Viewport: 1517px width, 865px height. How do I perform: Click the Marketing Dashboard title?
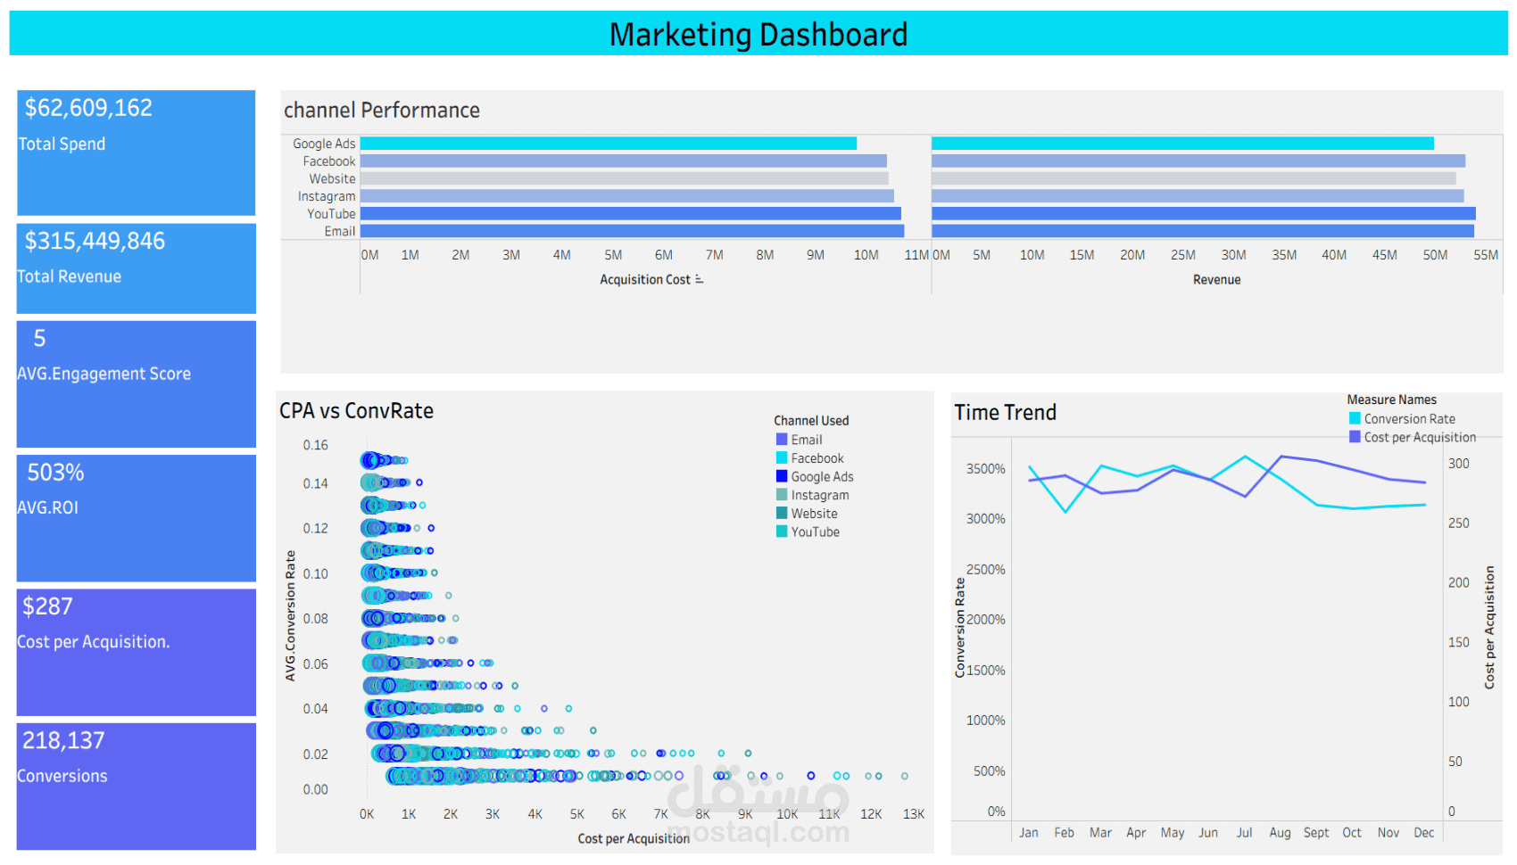coord(758,35)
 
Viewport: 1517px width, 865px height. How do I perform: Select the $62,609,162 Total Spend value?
coord(88,108)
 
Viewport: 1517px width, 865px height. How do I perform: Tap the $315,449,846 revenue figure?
coord(95,241)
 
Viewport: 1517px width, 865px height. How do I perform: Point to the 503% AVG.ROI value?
coord(55,473)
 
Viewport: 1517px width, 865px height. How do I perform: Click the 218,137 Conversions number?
coord(63,740)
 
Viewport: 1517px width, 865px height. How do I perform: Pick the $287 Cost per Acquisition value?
coord(47,606)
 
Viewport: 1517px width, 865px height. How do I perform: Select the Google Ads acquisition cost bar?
coord(608,144)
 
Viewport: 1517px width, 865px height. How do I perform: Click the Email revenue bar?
coord(1202,231)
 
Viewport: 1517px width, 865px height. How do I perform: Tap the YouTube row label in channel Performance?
coord(331,214)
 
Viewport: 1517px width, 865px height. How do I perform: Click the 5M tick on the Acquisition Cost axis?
coord(613,255)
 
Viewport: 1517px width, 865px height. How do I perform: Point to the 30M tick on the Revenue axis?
coord(1233,255)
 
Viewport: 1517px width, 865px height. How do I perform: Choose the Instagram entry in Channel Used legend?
coord(819,495)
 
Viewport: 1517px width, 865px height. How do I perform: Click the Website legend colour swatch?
coord(782,513)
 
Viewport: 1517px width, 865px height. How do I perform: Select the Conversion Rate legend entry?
coord(1409,419)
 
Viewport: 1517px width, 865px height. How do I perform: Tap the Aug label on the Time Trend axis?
coord(1280,833)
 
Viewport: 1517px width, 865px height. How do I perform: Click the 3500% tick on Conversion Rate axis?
coord(985,469)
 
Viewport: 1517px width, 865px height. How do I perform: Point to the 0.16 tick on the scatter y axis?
coord(315,445)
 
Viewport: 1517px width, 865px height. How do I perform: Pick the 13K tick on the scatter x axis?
coord(914,814)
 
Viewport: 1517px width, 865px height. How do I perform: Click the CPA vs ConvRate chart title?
coord(356,411)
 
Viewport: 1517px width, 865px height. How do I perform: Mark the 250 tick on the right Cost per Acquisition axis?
coord(1458,523)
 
